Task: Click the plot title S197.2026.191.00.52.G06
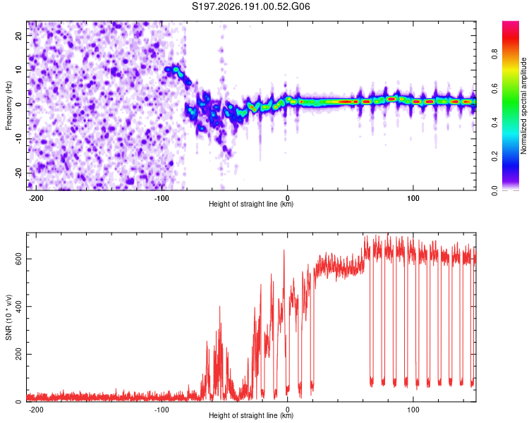(250, 6)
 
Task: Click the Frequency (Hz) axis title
(8, 106)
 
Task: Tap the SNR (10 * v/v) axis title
(8, 317)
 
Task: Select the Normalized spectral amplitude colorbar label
(523, 106)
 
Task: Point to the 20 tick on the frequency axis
(18, 35)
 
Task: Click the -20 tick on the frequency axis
(18, 173)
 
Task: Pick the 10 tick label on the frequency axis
(18, 70)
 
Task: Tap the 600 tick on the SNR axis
(18, 259)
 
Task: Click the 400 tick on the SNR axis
(18, 306)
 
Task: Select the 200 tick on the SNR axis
(18, 354)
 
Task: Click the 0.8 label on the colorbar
(494, 54)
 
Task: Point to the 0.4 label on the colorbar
(494, 123)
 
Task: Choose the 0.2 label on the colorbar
(494, 157)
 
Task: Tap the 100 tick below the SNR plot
(413, 410)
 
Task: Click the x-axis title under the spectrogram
(251, 204)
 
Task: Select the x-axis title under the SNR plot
(251, 415)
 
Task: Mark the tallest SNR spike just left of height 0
(284, 250)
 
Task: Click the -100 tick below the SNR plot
(162, 410)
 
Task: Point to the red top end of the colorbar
(511, 23)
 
